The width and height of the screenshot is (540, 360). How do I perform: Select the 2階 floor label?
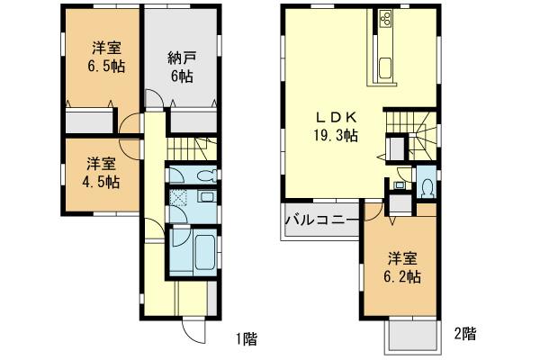[464, 333]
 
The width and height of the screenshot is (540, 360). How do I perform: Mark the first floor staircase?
[186, 148]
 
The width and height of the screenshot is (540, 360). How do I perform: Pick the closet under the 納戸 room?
[191, 121]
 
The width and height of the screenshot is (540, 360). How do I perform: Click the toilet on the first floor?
[203, 176]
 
